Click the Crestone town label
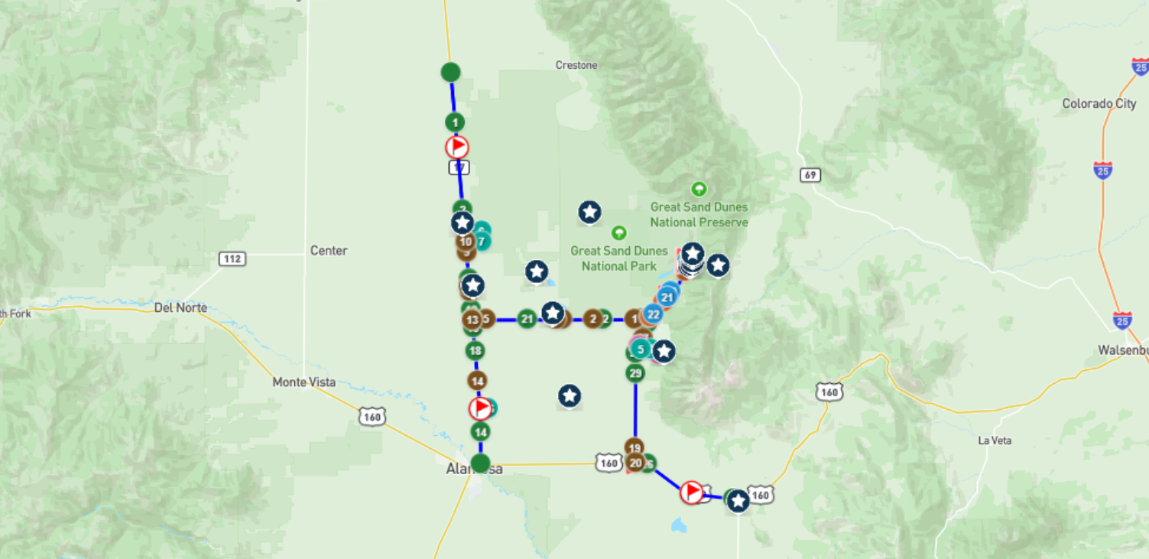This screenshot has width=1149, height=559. point(576,66)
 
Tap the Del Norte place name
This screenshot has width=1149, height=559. point(180,307)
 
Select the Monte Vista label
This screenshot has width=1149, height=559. point(304,382)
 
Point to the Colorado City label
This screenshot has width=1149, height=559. point(1099,104)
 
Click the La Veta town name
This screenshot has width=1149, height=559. point(995,441)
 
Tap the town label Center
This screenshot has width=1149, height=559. point(329,251)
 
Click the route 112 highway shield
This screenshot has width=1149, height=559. point(232,258)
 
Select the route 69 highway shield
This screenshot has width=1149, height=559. point(810,175)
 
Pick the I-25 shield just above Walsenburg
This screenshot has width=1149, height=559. point(1122,320)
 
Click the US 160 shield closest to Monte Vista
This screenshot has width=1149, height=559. point(372,417)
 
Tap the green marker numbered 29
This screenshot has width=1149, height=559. point(635,373)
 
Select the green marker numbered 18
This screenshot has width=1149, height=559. point(475,351)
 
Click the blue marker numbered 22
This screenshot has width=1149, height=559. point(652,314)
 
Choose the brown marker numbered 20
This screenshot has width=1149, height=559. point(635,462)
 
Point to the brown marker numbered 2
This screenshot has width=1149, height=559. point(592,319)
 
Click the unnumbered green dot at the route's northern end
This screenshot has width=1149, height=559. point(450,73)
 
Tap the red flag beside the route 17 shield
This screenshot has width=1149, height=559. point(457,147)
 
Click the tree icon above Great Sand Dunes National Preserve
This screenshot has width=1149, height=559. point(698,189)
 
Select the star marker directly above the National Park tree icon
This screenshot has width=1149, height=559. point(589,213)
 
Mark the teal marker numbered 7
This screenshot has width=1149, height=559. point(482,242)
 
